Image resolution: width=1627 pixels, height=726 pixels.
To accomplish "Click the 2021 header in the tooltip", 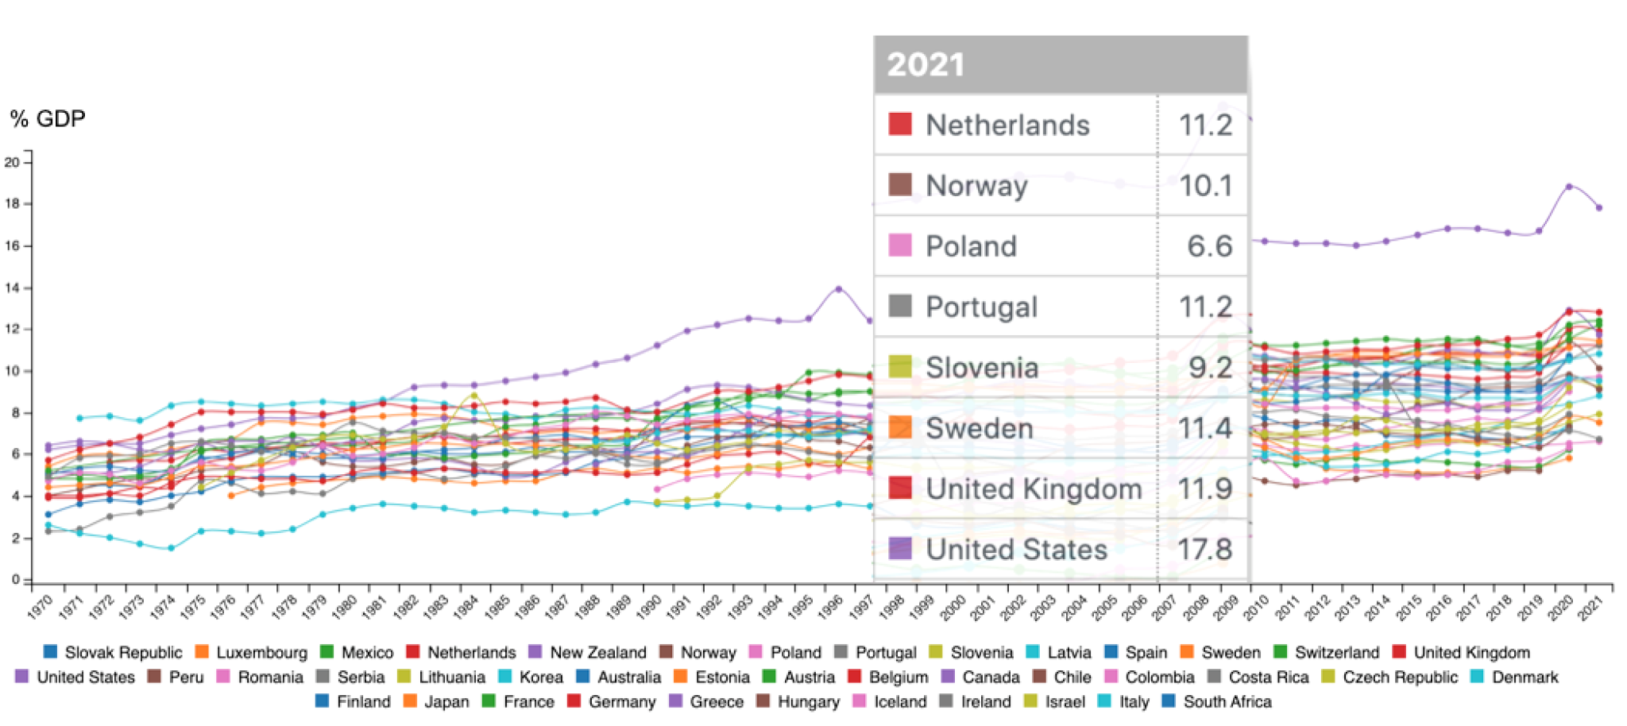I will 926,64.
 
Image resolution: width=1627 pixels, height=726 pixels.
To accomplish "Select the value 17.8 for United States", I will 1204,549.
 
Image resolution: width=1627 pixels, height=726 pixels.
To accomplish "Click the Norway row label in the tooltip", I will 976,186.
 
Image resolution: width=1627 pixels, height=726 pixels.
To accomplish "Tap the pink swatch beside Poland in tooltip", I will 900,245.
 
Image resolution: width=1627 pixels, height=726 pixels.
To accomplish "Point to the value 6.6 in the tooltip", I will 1209,246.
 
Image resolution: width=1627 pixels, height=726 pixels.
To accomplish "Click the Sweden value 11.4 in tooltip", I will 1204,428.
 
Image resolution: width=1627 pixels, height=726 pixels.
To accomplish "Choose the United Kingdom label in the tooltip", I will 1034,489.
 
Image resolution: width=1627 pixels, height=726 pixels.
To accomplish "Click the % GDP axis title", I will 48,119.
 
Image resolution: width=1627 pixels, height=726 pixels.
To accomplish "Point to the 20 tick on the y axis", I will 12,162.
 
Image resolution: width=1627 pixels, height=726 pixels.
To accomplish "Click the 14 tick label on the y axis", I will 12,288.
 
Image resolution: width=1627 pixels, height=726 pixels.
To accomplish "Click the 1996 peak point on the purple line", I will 838,289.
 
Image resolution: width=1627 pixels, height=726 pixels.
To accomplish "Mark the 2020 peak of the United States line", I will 1569,187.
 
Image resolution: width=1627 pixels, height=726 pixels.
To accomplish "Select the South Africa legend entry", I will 1227,701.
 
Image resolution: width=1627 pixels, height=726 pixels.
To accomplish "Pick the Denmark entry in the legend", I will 1525,677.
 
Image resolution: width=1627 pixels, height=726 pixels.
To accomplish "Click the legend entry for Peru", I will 186,677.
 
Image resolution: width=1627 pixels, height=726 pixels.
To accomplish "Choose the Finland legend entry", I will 363,701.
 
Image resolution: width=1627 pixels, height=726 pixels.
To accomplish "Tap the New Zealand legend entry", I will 597,652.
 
